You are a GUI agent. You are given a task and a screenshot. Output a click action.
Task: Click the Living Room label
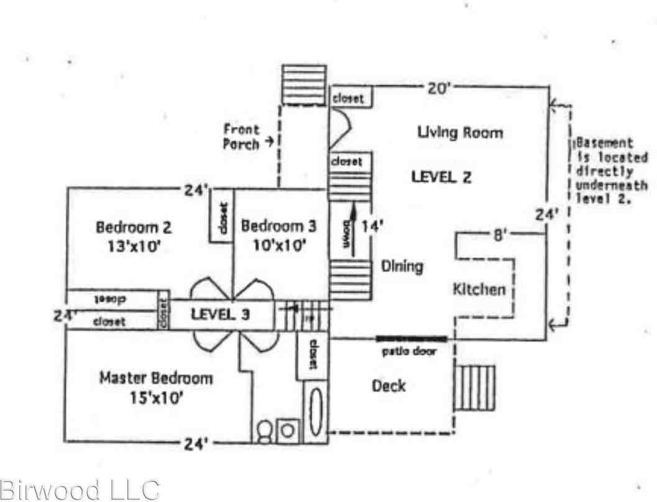(460, 132)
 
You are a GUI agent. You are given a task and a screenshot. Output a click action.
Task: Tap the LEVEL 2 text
(441, 176)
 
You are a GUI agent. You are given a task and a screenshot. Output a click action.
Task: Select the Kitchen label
(478, 289)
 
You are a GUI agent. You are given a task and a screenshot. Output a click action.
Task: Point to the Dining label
(402, 266)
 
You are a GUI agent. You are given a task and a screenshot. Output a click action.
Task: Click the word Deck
(388, 386)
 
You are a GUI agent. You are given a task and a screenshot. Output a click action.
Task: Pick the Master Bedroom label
(156, 378)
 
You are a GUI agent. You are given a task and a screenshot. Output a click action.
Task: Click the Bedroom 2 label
(134, 226)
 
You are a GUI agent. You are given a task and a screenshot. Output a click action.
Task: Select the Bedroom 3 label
(278, 226)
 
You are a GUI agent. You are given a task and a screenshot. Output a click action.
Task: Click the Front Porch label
(241, 137)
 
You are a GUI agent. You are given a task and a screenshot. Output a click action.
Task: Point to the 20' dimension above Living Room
(438, 89)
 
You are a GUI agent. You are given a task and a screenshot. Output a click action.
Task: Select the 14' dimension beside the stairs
(373, 226)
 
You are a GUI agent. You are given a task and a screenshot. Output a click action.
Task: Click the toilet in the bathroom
(264, 430)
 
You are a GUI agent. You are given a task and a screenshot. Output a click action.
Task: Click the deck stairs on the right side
(477, 388)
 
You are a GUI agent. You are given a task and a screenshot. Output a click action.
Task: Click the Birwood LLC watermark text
(79, 490)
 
